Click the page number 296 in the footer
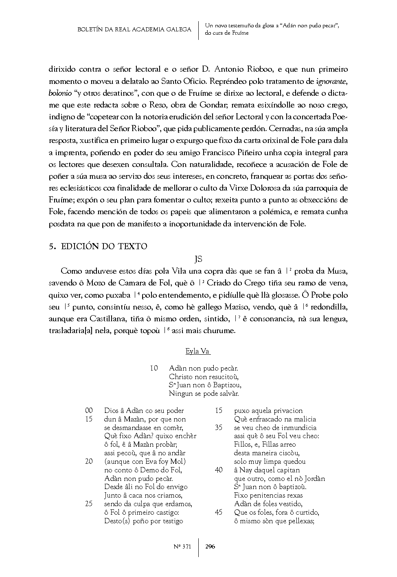pos(211,546)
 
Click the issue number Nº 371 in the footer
pos(182,546)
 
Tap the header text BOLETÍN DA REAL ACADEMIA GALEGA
pos(134,29)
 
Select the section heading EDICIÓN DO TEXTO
pos(104,246)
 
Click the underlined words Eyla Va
pos(198,351)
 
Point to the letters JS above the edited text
pos(198,259)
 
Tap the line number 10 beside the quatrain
pos(154,368)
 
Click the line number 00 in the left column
pos(89,410)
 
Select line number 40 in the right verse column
pos(219,470)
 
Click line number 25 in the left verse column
pos(89,504)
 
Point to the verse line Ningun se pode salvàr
pos(204,394)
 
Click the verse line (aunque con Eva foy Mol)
pos(145,461)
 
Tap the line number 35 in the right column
pos(219,428)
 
